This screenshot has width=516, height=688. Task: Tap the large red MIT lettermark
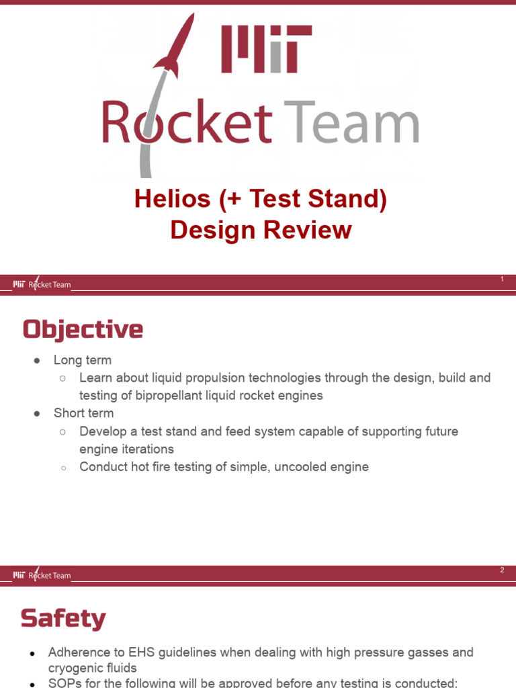pos(266,50)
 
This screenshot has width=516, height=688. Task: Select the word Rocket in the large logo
pos(187,123)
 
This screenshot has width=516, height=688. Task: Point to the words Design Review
pos(261,230)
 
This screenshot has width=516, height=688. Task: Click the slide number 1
pos(502,279)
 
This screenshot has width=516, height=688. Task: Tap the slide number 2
pos(502,570)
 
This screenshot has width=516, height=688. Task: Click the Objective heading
pos(83,330)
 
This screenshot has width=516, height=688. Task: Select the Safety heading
pos(63,619)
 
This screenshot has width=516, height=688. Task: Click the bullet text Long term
pos(83,360)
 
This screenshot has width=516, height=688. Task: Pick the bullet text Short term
pos(84,413)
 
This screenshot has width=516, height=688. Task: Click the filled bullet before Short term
pos(38,413)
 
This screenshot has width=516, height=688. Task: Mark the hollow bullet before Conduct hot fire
pos(62,467)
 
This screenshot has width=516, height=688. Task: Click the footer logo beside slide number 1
pos(42,284)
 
